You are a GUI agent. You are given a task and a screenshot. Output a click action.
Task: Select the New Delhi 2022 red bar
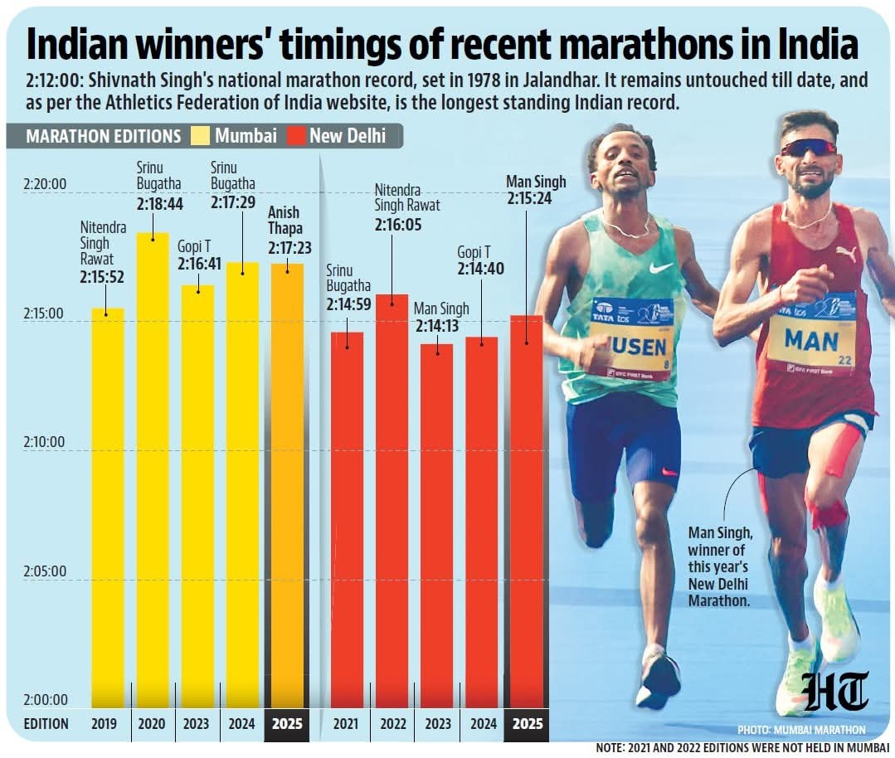point(392,498)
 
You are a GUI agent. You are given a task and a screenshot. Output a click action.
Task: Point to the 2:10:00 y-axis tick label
point(44,442)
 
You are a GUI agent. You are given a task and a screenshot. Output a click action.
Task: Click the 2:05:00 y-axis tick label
point(44,571)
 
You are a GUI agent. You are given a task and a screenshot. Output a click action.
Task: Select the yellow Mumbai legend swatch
point(202,135)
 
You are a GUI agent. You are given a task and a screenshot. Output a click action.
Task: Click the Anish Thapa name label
point(285,220)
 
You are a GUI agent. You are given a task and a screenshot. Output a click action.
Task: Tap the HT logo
point(834,693)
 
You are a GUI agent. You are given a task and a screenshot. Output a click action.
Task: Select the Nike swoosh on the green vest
point(661,268)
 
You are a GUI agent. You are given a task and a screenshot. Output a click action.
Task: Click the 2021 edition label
point(347,724)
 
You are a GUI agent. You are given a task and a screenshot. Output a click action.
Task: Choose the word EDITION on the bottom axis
point(46,724)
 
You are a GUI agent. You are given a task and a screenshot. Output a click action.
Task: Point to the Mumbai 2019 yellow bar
point(108,506)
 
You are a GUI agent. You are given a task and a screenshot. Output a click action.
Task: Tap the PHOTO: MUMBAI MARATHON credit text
point(800,730)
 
